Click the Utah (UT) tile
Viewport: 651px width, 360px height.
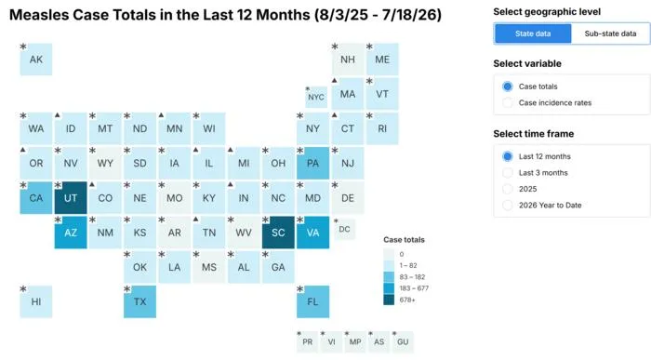71,197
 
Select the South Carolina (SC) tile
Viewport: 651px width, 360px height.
278,233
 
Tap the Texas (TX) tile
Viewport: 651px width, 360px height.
139,301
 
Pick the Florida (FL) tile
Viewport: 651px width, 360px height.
313,301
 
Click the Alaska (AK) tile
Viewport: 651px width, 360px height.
36,60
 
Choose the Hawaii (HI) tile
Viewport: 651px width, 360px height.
36,301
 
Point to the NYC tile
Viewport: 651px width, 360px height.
316,97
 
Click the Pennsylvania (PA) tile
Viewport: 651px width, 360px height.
313,163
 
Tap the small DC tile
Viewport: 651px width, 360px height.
344,229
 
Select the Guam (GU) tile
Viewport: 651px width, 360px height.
403,341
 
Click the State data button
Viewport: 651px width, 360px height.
533,33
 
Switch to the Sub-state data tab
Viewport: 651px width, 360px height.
610,33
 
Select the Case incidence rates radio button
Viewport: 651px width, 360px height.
508,102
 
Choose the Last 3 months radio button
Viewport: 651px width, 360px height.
508,173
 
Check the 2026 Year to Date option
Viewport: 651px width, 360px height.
508,206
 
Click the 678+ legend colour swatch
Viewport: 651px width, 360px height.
389,300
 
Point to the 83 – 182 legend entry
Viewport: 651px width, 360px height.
405,277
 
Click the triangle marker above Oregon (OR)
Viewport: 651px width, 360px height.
23,150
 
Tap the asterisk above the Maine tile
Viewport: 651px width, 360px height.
369,47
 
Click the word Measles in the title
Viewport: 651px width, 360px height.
39,15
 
